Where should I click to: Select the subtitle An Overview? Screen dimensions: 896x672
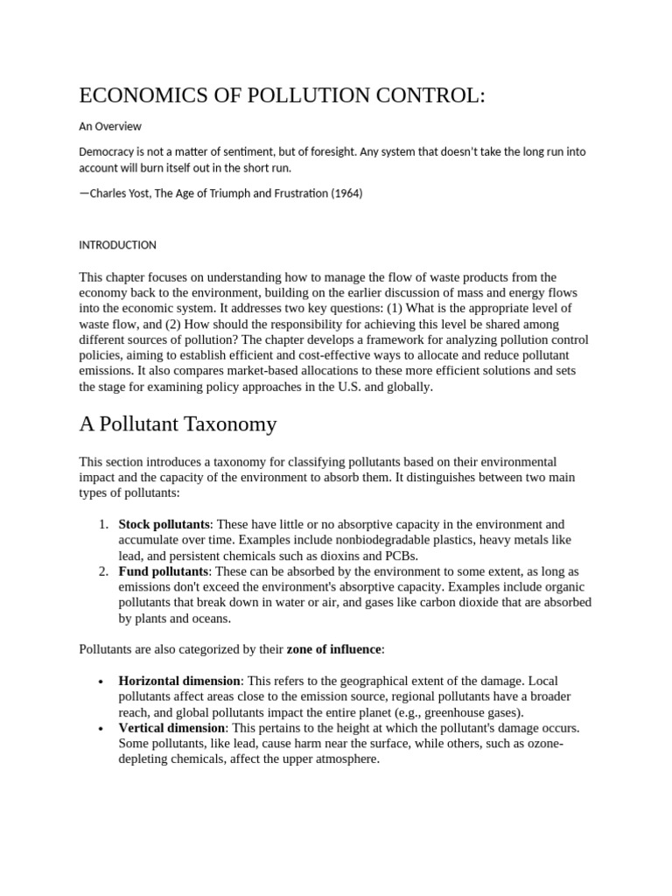point(110,127)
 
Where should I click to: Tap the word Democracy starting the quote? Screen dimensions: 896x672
point(108,151)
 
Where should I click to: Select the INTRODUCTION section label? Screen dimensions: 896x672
point(117,245)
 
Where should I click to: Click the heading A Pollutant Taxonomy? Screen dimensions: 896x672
point(178,424)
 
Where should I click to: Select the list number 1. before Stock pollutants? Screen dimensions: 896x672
point(103,524)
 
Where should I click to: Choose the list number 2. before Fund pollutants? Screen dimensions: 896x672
point(103,571)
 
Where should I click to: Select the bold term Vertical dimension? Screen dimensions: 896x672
point(172,728)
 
